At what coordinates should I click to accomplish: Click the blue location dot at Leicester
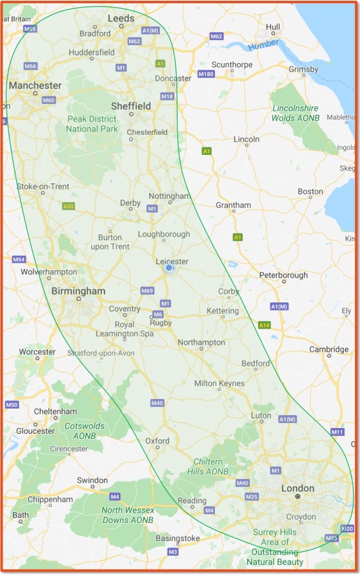click(168, 267)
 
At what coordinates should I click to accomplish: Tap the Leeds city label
click(121, 19)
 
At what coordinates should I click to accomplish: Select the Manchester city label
click(35, 85)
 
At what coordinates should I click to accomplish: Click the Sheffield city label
click(131, 106)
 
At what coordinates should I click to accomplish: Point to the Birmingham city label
click(78, 291)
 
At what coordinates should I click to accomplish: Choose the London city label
click(297, 488)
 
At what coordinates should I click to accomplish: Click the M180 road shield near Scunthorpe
click(206, 75)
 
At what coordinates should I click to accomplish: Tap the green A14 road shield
click(264, 325)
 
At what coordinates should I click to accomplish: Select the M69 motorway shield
click(146, 291)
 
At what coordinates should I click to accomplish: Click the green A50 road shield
click(69, 206)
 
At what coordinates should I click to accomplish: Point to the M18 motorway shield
click(167, 96)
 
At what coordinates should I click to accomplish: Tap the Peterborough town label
click(283, 275)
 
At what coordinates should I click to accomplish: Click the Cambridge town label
click(328, 349)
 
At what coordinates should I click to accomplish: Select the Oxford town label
click(157, 441)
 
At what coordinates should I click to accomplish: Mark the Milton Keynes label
click(219, 384)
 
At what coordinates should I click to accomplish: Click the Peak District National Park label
click(92, 124)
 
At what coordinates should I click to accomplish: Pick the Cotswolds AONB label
click(80, 431)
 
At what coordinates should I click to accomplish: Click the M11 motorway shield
click(337, 432)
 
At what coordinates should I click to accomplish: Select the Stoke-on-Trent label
click(43, 187)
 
